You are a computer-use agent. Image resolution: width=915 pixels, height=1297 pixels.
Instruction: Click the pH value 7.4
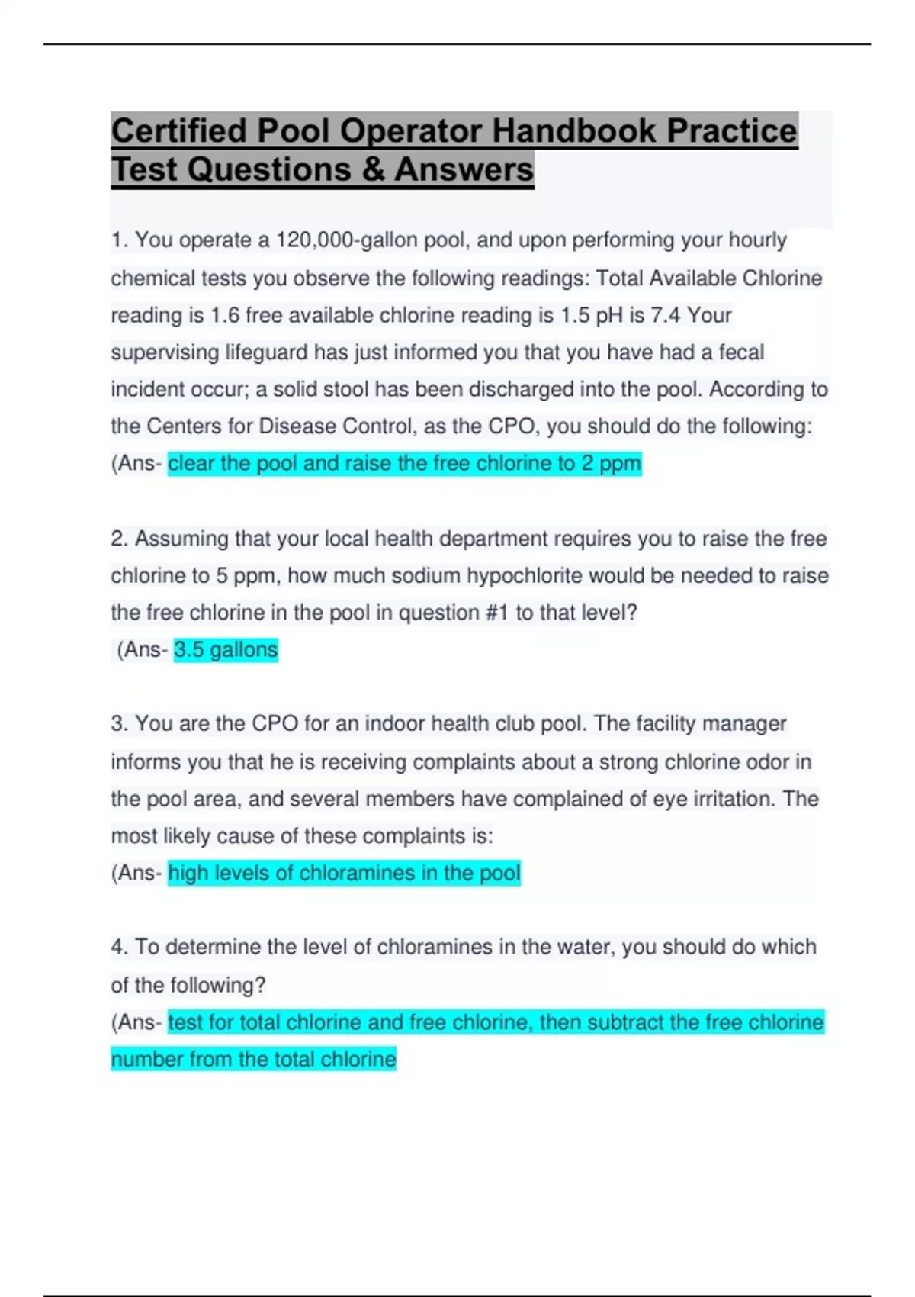pyautogui.click(x=666, y=315)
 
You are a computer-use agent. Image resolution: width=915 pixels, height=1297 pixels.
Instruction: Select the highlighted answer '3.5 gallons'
pyautogui.click(x=226, y=650)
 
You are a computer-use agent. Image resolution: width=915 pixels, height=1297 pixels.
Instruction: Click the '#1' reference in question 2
pyautogui.click(x=496, y=613)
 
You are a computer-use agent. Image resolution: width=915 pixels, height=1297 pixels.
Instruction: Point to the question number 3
pyautogui.click(x=118, y=724)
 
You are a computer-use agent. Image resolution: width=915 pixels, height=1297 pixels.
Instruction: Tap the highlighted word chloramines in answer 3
pyautogui.click(x=356, y=873)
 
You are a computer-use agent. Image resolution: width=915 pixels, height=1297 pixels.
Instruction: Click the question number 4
pyautogui.click(x=118, y=947)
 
